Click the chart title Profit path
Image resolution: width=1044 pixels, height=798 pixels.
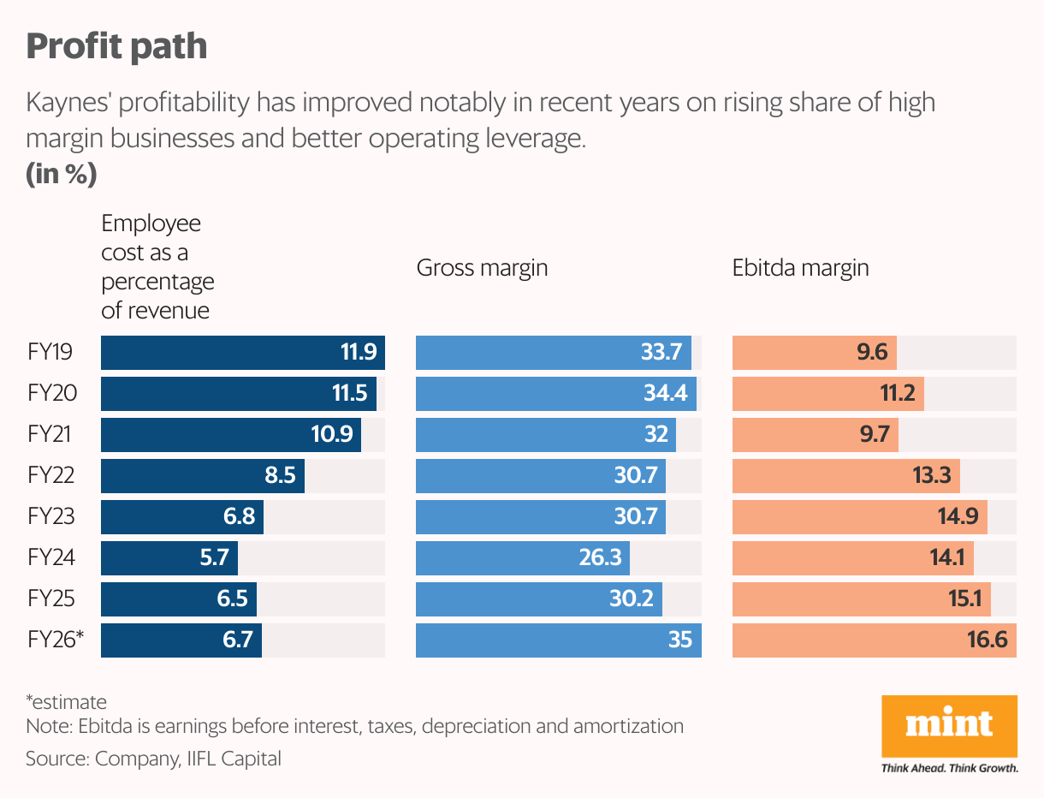(116, 46)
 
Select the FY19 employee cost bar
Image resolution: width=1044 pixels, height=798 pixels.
(242, 353)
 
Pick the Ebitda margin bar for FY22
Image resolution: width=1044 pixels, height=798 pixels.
(845, 476)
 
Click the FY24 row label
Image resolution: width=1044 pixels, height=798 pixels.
(51, 558)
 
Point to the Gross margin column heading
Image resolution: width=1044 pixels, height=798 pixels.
(482, 268)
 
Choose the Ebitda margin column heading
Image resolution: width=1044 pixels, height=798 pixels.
(800, 268)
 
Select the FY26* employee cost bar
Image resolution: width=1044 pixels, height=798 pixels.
(181, 640)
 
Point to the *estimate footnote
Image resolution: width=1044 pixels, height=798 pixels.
(66, 702)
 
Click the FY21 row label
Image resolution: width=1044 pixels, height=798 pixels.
(50, 435)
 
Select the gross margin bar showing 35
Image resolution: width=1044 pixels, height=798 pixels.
(558, 640)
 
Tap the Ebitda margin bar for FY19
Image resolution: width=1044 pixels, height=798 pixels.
(814, 353)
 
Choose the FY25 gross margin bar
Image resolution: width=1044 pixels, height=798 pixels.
(538, 599)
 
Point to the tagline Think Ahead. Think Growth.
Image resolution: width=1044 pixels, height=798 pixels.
(949, 768)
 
